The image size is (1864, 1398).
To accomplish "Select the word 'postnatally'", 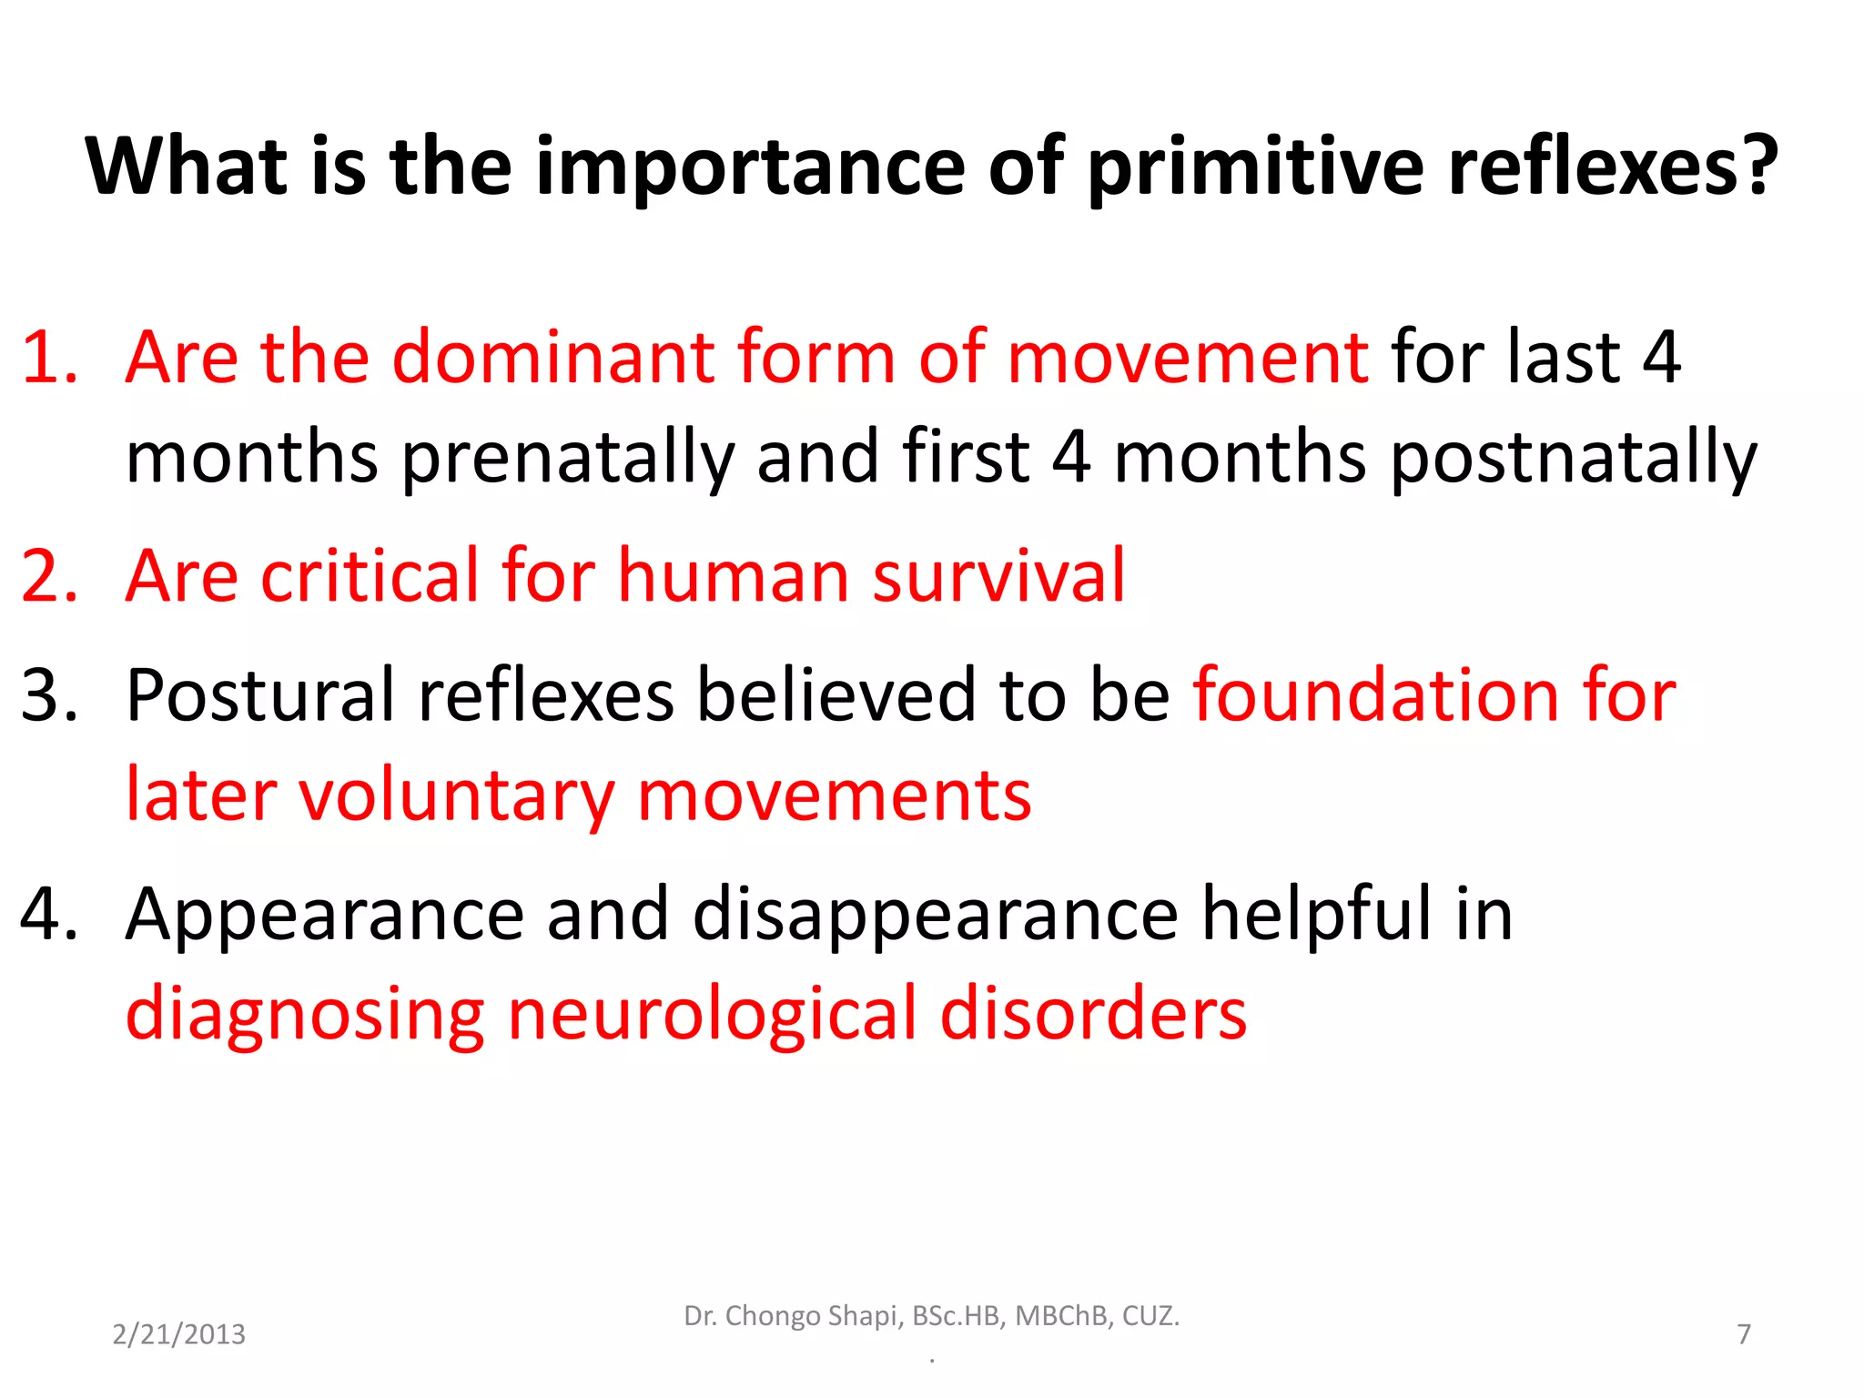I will [x=1574, y=458].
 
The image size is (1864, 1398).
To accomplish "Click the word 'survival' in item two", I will [x=998, y=576].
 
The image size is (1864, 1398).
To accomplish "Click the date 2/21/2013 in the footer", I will [x=178, y=1334].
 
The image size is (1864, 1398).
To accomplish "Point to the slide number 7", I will [x=1744, y=1334].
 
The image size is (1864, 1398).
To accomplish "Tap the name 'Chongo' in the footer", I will [x=772, y=1316].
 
